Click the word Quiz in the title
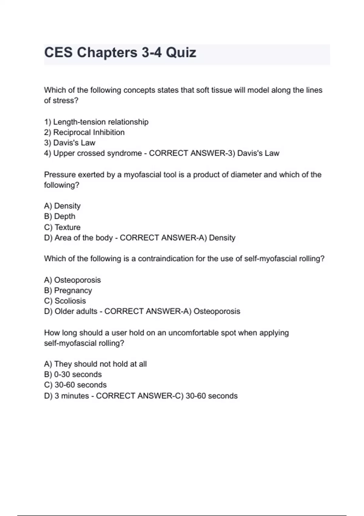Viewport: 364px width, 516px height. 181,53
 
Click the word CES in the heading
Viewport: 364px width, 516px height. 59,53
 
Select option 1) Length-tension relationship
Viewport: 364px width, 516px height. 96,122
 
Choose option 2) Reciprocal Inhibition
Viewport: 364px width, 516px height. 84,132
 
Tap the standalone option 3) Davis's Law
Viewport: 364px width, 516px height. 70,143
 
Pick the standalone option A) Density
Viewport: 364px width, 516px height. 62,206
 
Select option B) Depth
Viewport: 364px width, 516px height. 59,216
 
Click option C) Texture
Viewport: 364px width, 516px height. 62,227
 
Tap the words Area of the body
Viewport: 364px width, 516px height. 83,238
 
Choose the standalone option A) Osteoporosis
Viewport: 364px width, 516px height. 72,280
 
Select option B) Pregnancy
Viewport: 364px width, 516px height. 68,290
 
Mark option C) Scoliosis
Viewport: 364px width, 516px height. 65,301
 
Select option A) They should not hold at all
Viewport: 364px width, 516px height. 95,364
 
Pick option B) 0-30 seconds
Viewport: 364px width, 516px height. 73,375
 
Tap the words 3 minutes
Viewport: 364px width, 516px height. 72,396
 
